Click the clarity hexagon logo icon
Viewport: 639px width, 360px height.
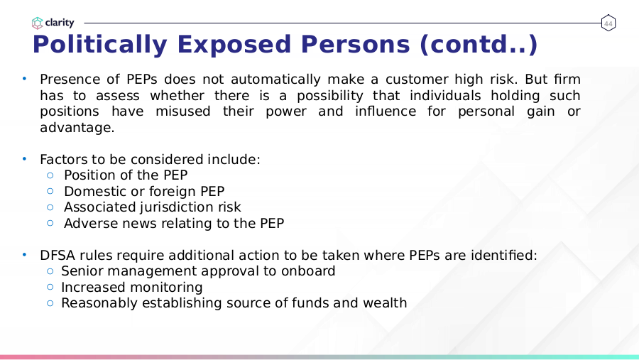pyautogui.click(x=37, y=23)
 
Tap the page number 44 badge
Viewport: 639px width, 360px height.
pyautogui.click(x=608, y=23)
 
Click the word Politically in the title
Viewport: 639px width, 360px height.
pyautogui.click(x=100, y=45)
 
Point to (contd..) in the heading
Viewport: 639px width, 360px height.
pyautogui.click(x=479, y=45)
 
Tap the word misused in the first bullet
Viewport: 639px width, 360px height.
pyautogui.click(x=183, y=111)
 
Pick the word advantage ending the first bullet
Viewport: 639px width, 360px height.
pyautogui.click(x=77, y=128)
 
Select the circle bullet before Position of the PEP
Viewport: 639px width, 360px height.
pyautogui.click(x=50, y=175)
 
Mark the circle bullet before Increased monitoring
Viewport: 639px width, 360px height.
pyautogui.click(x=50, y=287)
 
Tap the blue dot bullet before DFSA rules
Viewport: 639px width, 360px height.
pyautogui.click(x=24, y=255)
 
